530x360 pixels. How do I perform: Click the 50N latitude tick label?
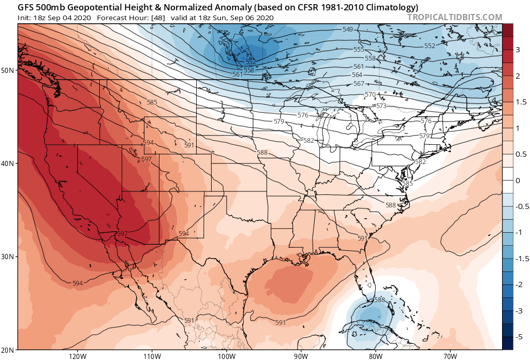[x=8, y=70]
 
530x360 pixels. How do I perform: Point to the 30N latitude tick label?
[x=8, y=257]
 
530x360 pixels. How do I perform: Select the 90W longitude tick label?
[x=301, y=356]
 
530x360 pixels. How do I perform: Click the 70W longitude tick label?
[x=450, y=356]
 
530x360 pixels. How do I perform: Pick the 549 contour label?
[x=348, y=29]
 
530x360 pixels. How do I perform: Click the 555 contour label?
[x=359, y=50]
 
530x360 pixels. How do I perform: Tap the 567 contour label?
[x=359, y=84]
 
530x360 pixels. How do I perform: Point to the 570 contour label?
[x=370, y=95]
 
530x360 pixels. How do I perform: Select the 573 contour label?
[x=381, y=106]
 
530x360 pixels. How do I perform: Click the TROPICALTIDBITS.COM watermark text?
[x=454, y=17]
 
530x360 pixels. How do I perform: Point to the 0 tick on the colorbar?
[x=518, y=181]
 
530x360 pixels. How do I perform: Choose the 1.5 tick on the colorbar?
[x=520, y=102]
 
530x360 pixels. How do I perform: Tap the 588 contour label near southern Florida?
[x=379, y=300]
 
